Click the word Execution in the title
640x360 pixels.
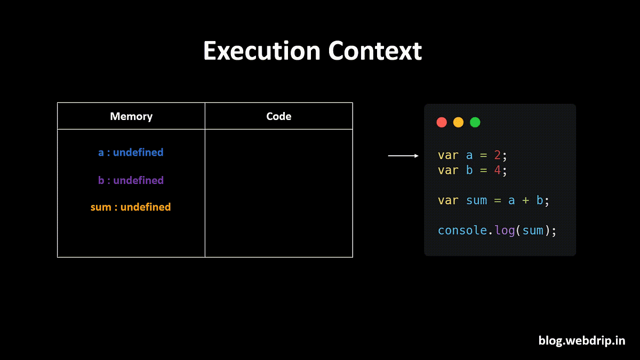pos(261,52)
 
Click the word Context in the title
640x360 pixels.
pos(375,52)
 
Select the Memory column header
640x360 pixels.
pos(131,116)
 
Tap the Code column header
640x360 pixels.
pos(278,116)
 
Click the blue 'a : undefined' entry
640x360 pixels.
pos(131,153)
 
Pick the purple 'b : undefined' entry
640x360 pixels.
pos(131,180)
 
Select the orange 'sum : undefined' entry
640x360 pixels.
pos(131,207)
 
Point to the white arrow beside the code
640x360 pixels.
pos(403,156)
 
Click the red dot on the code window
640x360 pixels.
pos(442,123)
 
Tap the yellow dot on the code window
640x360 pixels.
pos(458,123)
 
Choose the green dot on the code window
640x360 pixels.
pos(475,123)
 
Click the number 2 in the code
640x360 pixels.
pos(497,155)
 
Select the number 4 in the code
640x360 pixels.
pos(497,170)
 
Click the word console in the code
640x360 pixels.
pos(462,231)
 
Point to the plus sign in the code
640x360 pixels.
pos(525,201)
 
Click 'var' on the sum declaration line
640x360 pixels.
pos(448,201)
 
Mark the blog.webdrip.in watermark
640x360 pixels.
pos(581,340)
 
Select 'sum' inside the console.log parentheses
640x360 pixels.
pos(533,231)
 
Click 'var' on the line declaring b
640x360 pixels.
pos(448,170)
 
